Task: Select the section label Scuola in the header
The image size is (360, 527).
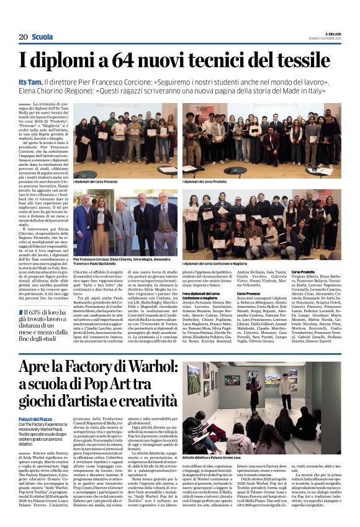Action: coord(43,37)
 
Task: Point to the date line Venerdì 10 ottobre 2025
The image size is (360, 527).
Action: coord(324,38)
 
